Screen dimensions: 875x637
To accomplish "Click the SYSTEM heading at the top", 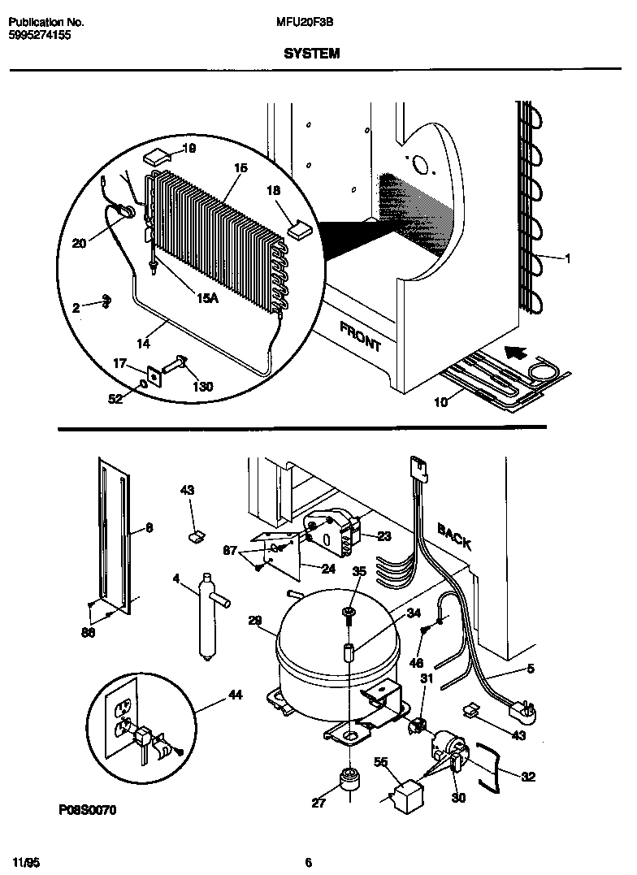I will (x=312, y=54).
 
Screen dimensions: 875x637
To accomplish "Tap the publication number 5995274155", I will (x=41, y=37).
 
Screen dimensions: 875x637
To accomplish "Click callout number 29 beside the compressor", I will (x=255, y=621).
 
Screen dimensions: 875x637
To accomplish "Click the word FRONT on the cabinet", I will (x=360, y=336).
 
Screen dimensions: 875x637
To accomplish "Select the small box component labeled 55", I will (x=405, y=794).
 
